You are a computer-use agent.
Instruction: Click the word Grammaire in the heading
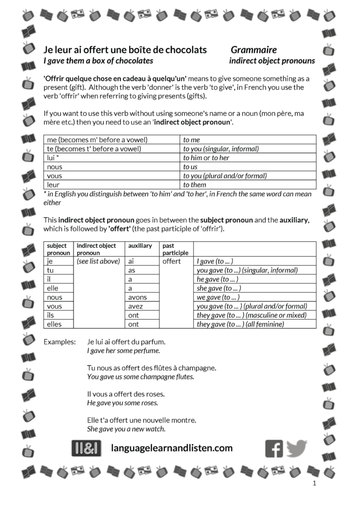click(253, 50)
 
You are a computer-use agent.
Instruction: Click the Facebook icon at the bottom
click(274, 448)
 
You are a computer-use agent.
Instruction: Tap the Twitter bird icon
click(297, 448)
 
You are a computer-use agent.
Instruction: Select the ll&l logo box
click(86, 448)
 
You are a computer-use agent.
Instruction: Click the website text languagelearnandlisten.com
click(172, 448)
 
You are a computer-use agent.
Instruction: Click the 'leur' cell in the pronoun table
click(54, 185)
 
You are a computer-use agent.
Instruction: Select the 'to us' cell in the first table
click(190, 167)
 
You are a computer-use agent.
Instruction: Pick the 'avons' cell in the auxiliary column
click(137, 297)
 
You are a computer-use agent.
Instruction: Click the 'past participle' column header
click(175, 249)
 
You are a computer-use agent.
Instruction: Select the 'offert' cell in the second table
click(171, 261)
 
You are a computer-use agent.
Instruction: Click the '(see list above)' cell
click(98, 261)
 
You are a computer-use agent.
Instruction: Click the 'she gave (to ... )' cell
click(219, 288)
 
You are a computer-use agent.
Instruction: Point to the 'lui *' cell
click(53, 157)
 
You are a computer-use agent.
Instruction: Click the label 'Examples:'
click(59, 342)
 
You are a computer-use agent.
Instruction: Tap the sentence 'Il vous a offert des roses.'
click(126, 394)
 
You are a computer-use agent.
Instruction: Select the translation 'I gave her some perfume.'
click(123, 351)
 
